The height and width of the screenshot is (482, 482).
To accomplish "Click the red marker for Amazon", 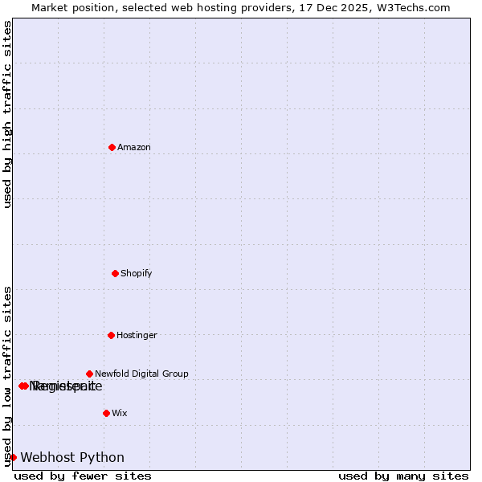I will [112, 147].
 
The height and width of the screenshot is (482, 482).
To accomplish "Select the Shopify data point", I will [115, 273].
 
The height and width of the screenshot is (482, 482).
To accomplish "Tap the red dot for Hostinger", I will [111, 335].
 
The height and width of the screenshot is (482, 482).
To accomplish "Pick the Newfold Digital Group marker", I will [89, 374].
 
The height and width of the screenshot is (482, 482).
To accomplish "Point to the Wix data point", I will [106, 413].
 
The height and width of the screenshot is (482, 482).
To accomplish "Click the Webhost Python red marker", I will [13, 457].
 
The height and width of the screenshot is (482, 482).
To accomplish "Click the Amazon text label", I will [134, 148].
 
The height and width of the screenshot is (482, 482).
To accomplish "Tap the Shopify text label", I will [137, 274].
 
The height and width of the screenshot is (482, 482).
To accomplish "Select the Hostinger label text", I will [137, 336].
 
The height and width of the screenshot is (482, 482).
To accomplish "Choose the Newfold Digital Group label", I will [141, 374].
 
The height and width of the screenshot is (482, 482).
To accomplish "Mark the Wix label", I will [119, 414].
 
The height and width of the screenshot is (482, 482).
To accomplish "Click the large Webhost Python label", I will [72, 458].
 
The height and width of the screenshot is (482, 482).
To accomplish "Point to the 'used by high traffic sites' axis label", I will [7, 115].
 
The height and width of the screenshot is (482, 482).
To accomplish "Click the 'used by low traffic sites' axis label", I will [7, 375].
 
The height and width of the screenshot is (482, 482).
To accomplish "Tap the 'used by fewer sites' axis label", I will [83, 476].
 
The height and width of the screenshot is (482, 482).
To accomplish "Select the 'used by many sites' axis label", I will [403, 476].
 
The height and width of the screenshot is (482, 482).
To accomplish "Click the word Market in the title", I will [50, 7].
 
